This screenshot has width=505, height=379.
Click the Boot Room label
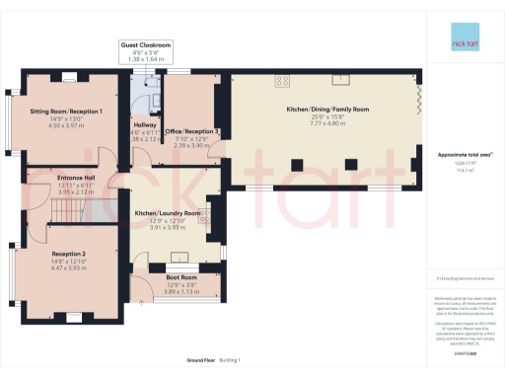(x=180, y=278)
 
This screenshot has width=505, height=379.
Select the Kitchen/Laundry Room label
(x=167, y=213)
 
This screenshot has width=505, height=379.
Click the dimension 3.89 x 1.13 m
(x=180, y=292)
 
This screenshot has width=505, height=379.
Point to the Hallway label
(x=144, y=125)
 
